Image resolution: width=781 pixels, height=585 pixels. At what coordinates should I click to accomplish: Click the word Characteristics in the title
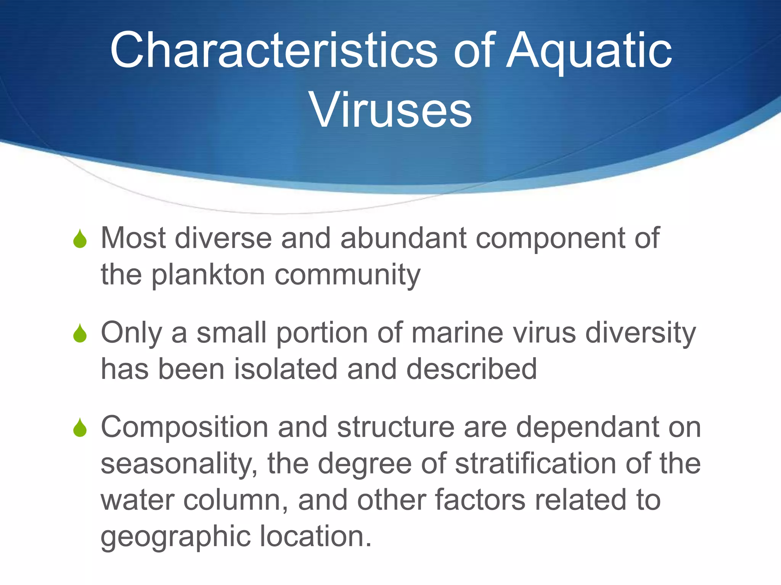[x=273, y=50]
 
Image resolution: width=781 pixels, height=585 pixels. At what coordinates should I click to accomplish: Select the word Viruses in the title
[x=391, y=110]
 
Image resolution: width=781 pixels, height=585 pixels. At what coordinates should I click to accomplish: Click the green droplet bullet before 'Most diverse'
[x=80, y=239]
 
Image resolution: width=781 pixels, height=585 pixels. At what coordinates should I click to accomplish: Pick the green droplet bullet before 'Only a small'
[x=80, y=333]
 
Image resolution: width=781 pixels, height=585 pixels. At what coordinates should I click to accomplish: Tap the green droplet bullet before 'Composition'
[x=80, y=428]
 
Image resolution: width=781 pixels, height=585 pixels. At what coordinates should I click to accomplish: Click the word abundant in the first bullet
[x=403, y=238]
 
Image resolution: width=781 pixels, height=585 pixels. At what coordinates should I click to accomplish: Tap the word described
[x=471, y=369]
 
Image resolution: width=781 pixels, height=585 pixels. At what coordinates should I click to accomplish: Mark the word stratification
[x=535, y=464]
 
